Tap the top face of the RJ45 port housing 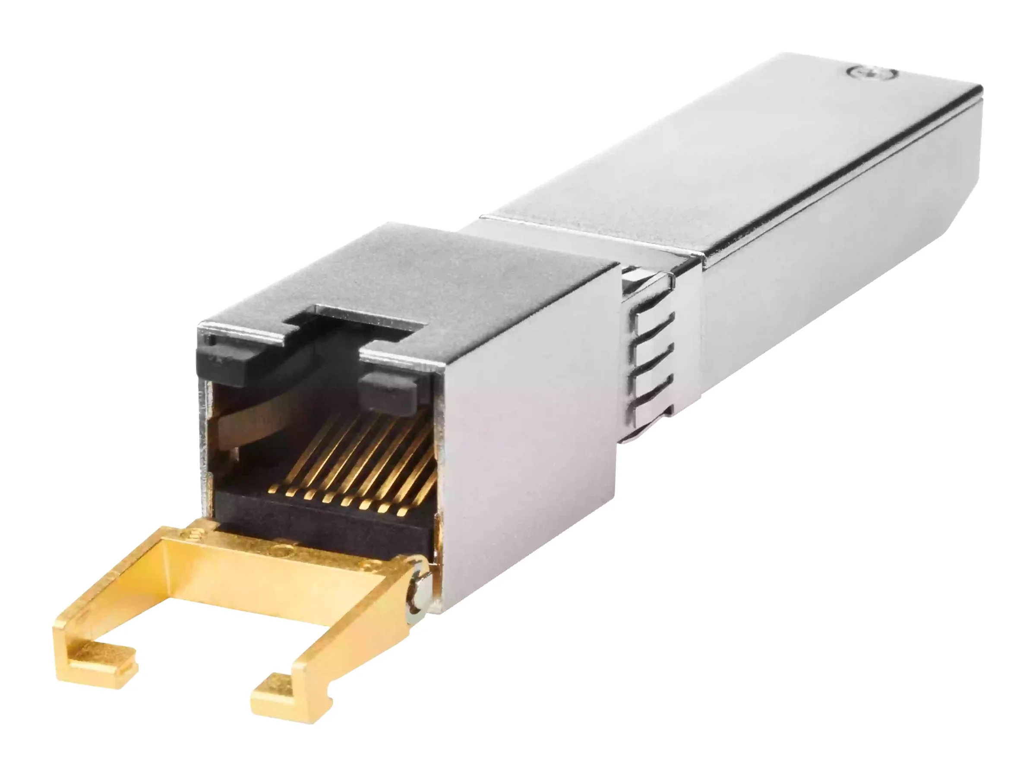pos(403,276)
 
